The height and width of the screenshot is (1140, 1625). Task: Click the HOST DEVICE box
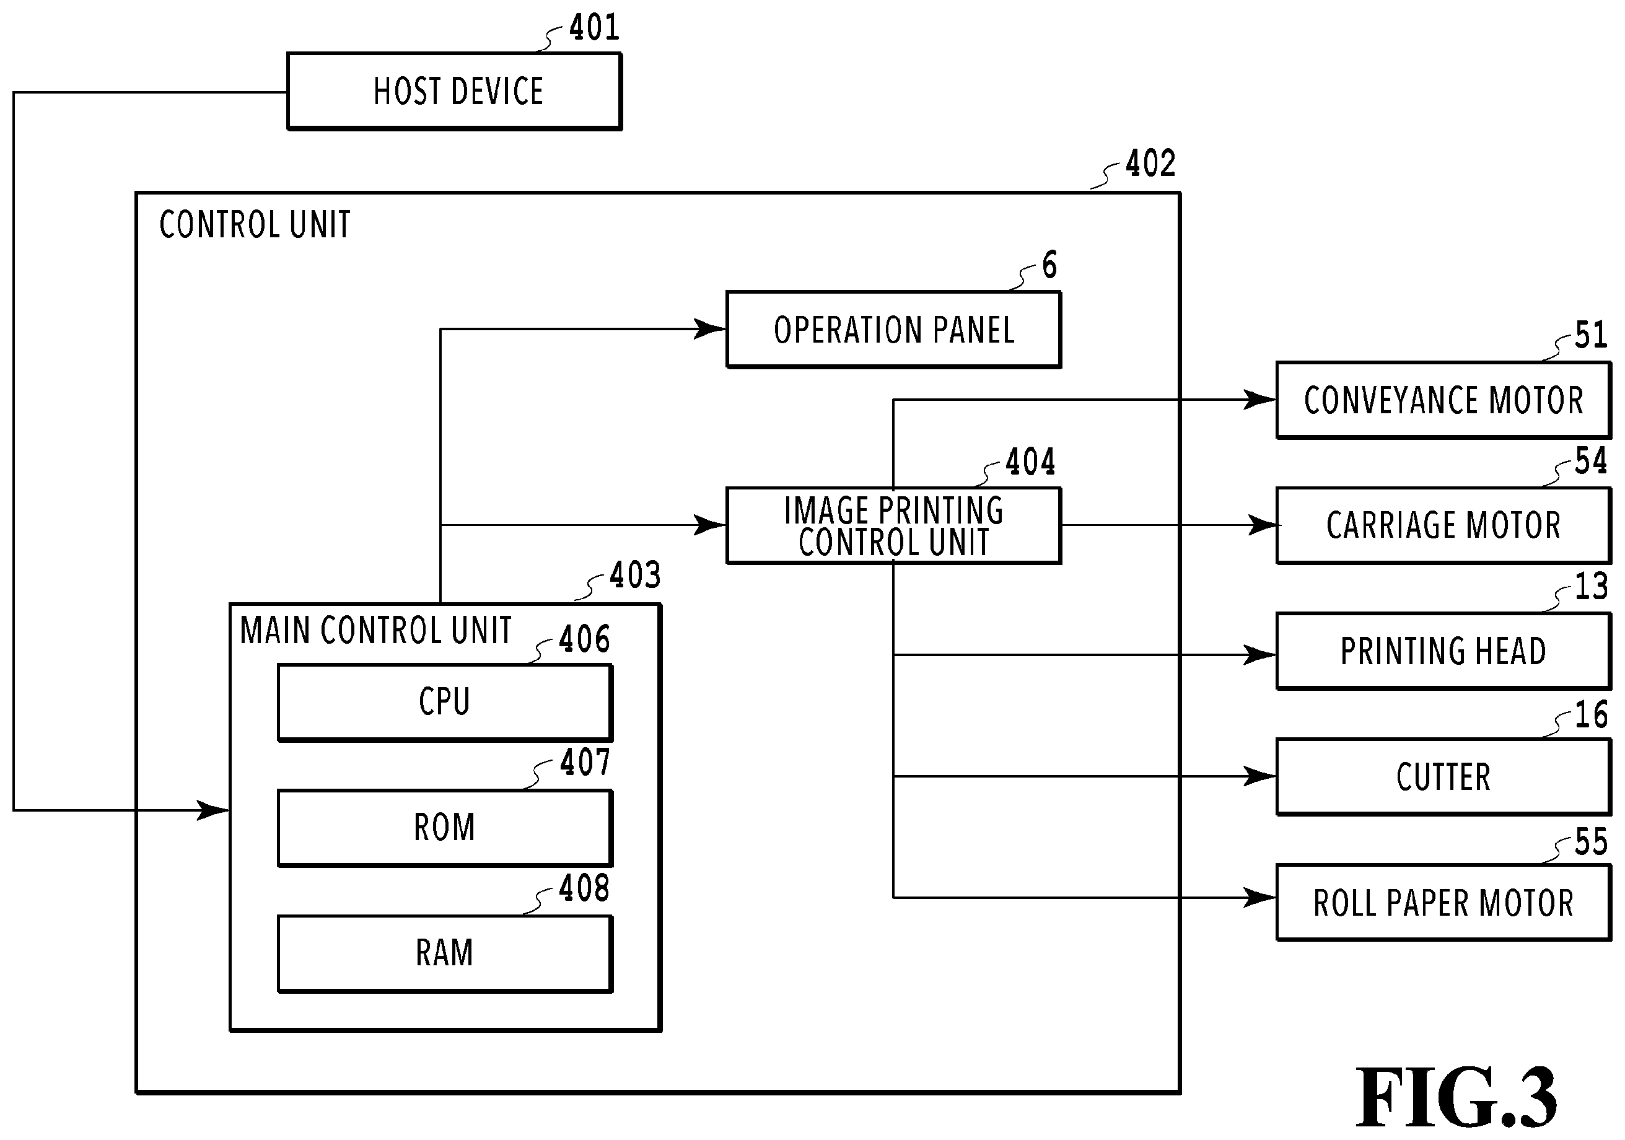pos(454,91)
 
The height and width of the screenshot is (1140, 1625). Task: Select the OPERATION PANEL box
pos(894,330)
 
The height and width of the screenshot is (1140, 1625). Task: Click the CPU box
pos(445,702)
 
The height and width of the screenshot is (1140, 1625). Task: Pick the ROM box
pos(445,828)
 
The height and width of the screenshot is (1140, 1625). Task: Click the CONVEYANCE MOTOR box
pos(1444,400)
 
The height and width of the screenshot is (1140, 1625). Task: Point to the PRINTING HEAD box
pos(1444,651)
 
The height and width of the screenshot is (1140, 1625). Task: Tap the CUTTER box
pos(1444,777)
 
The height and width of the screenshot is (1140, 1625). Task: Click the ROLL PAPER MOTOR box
pos(1444,903)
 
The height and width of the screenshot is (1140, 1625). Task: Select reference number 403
pos(636,574)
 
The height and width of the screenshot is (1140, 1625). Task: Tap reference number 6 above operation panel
pos(1049,265)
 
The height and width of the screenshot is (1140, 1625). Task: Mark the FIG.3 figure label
pos(1456,1097)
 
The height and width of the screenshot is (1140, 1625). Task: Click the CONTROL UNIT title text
pos(255,225)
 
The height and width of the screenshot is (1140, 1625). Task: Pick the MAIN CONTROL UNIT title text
pos(376,630)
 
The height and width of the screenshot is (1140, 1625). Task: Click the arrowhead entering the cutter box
pos(1260,776)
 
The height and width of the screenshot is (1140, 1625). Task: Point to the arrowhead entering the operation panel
pos(710,329)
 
